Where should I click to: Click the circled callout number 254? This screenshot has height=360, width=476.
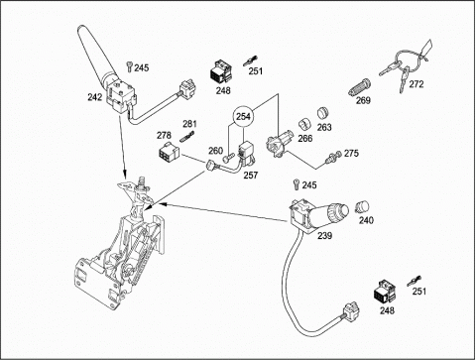(244, 116)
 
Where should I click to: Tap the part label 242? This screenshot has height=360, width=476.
(95, 97)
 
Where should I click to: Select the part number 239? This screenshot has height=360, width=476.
(324, 236)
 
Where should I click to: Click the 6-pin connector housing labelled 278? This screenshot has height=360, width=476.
(168, 153)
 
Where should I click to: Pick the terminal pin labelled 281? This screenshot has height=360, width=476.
(187, 136)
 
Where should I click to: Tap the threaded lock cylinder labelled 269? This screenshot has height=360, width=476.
(359, 87)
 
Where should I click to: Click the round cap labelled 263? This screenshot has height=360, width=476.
(322, 113)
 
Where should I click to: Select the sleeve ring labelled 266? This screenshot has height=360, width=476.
(305, 124)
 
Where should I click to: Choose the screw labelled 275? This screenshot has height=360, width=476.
(333, 156)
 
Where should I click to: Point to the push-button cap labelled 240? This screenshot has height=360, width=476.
(362, 206)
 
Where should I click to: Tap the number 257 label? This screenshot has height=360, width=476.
(251, 176)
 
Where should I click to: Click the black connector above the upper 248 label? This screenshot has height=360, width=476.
(221, 71)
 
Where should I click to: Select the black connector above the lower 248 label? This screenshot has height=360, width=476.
(384, 292)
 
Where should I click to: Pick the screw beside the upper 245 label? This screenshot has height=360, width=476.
(130, 66)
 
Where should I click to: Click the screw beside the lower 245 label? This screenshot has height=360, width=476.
(297, 184)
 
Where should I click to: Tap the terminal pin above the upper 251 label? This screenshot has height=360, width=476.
(251, 60)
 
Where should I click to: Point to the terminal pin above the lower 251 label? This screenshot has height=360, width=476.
(414, 281)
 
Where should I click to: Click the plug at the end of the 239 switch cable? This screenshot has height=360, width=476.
(350, 310)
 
